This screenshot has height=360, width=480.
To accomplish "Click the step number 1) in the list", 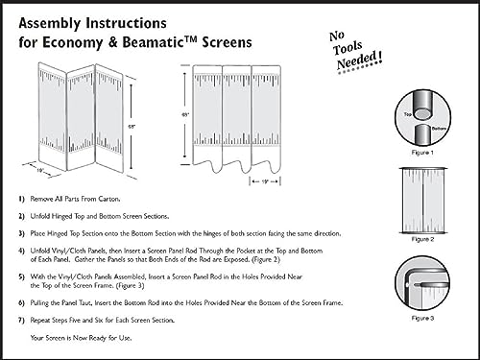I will click(x=23, y=197).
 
